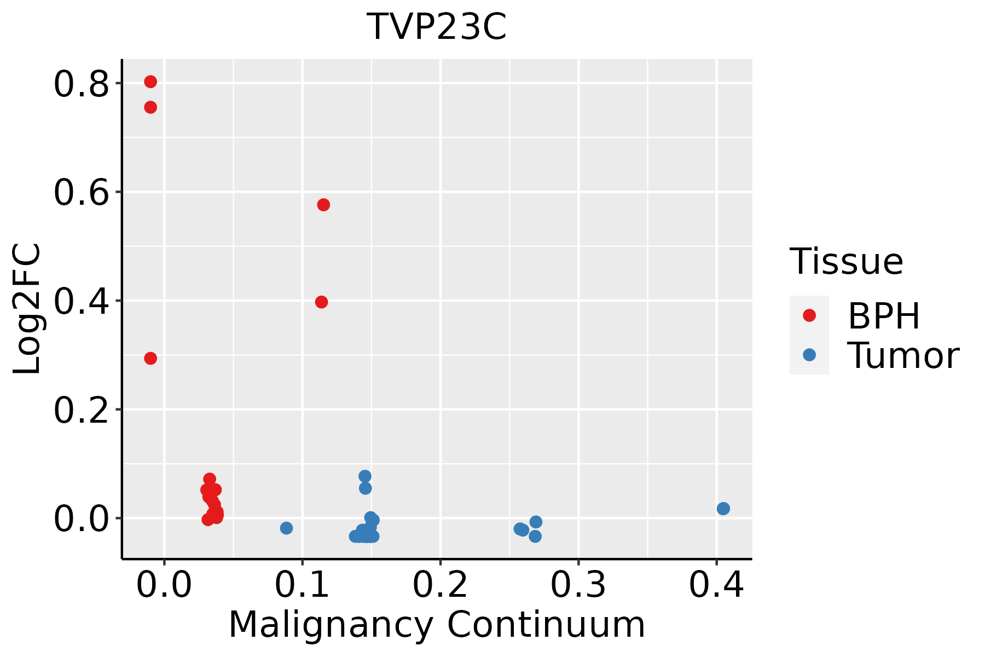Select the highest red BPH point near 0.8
click(x=150, y=82)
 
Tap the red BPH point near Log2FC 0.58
click(x=323, y=205)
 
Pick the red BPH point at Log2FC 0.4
click(x=322, y=302)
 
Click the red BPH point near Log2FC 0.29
click(x=150, y=359)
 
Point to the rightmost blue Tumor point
click(x=723, y=509)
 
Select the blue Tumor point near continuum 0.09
click(x=286, y=528)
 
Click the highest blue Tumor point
click(x=365, y=476)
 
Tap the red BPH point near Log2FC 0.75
click(x=150, y=107)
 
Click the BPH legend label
click(x=884, y=316)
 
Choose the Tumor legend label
click(x=903, y=356)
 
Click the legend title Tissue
click(x=846, y=262)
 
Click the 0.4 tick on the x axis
click(x=716, y=585)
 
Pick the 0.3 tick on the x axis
click(x=578, y=585)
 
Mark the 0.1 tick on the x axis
click(x=302, y=585)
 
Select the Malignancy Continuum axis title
click(x=437, y=625)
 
